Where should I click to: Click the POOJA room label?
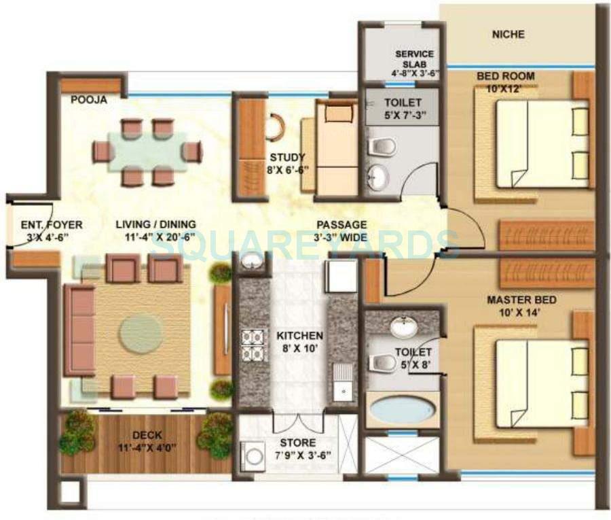(x=88, y=100)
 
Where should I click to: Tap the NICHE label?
(x=508, y=34)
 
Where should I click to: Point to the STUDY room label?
(x=288, y=158)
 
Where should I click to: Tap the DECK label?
(x=147, y=436)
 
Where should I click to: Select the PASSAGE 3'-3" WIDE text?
(x=342, y=231)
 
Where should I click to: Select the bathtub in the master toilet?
(x=403, y=410)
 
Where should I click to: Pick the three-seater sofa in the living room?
(x=79, y=330)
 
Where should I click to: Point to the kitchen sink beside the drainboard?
(x=344, y=392)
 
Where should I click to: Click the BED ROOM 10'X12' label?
(x=505, y=82)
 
